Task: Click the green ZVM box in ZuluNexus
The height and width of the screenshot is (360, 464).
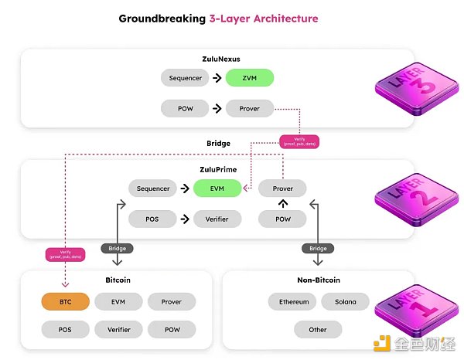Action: coord(250,78)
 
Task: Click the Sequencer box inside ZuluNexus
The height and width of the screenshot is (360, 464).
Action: coord(185,78)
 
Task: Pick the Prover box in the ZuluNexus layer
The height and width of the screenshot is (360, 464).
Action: coord(250,109)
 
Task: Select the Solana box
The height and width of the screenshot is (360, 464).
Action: coord(345,302)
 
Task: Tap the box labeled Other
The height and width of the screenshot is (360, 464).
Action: coord(318,330)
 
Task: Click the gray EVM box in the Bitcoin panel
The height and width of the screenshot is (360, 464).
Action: coord(119,302)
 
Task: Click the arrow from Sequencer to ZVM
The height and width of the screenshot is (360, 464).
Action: coord(217,78)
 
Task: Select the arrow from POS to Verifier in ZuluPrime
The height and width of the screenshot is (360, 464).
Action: coord(185,219)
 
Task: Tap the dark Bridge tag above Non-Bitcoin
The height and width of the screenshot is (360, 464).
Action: coord(319,249)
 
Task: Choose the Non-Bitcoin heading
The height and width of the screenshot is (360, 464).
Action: coord(318,280)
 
